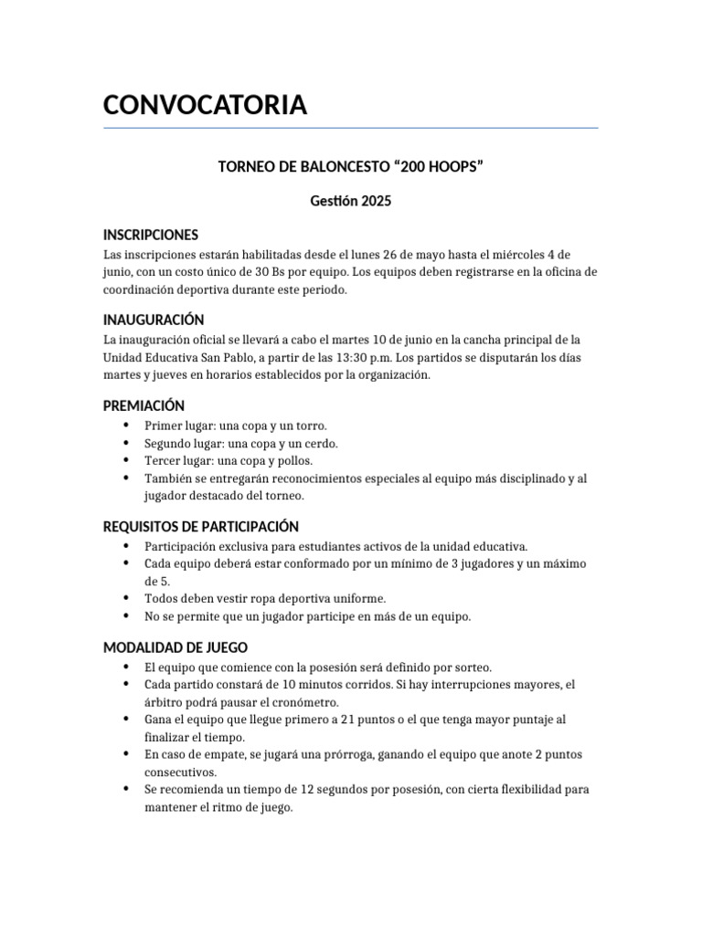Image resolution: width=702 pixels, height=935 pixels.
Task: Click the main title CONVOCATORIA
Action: pyautogui.click(x=205, y=105)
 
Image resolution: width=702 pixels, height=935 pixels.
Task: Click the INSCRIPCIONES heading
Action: pyautogui.click(x=151, y=235)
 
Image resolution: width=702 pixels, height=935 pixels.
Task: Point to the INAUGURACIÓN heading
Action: pyautogui.click(x=153, y=320)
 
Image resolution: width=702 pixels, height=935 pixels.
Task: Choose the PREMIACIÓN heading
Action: pyautogui.click(x=144, y=404)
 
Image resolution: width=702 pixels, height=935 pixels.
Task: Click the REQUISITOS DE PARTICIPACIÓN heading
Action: pyautogui.click(x=201, y=526)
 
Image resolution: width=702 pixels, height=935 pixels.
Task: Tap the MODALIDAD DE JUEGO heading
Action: pyautogui.click(x=175, y=647)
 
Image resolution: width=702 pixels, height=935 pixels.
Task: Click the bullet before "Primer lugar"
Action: pyautogui.click(x=124, y=426)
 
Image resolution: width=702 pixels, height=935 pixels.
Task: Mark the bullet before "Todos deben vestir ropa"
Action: pyautogui.click(x=124, y=599)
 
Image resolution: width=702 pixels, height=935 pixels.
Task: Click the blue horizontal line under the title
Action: pyautogui.click(x=350, y=128)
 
